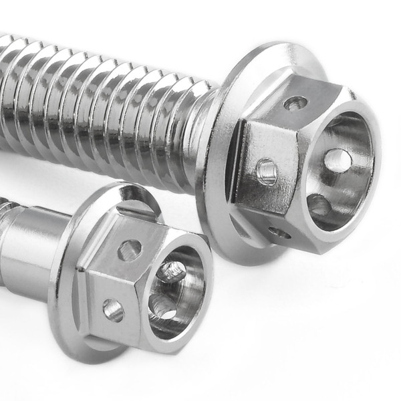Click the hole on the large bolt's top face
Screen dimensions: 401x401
(x=295, y=103)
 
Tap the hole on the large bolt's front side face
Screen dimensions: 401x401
(x=266, y=172)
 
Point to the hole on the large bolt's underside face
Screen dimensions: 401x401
(x=279, y=233)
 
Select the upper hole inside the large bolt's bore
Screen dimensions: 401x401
(x=338, y=160)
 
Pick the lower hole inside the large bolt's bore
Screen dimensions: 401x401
(x=319, y=205)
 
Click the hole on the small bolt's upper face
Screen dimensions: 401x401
(x=130, y=250)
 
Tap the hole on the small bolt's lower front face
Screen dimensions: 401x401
(x=113, y=309)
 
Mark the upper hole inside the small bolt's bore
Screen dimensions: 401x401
(x=172, y=271)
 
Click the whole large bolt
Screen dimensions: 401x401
(x=200, y=134)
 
